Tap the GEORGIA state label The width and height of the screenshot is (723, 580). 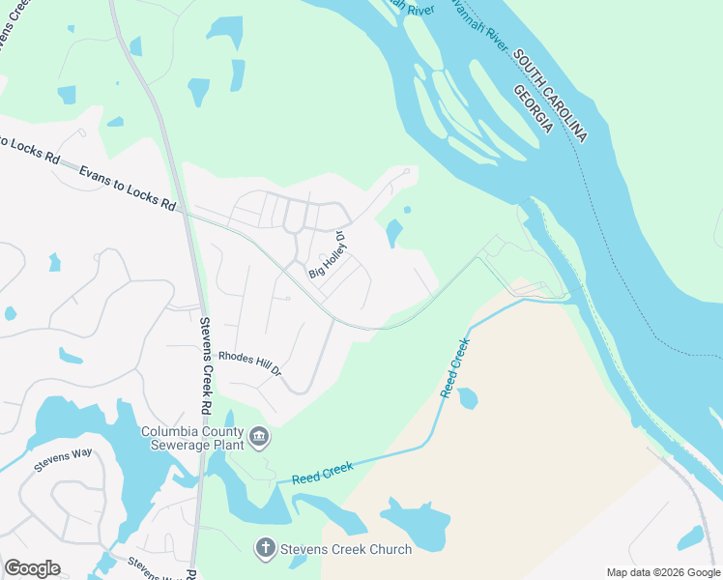(533, 108)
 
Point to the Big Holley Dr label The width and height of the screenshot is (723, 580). (327, 255)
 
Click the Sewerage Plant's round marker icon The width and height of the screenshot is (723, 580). (259, 439)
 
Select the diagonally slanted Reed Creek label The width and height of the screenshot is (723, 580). (454, 367)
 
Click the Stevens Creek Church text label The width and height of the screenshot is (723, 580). (346, 549)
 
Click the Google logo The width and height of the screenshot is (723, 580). (32, 568)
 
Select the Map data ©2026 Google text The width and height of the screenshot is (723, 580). (663, 572)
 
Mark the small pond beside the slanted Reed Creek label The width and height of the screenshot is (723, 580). (468, 397)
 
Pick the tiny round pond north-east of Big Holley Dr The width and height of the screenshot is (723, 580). (407, 209)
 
